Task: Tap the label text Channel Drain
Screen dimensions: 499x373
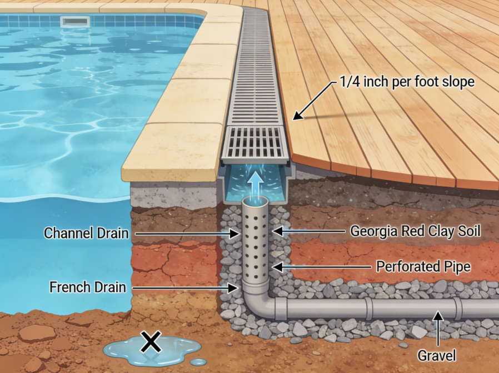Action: point(86,233)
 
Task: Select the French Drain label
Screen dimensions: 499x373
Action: point(87,287)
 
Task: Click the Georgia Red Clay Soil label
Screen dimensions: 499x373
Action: point(415,231)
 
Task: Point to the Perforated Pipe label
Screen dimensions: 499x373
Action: point(423,266)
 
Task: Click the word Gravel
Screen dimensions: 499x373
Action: point(437,356)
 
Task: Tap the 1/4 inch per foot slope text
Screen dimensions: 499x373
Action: point(407,82)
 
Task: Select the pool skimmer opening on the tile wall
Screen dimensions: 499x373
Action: point(75,22)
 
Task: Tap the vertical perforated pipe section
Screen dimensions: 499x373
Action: point(255,242)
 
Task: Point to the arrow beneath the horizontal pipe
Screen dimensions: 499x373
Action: point(438,329)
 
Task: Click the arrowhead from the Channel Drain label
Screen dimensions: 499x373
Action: point(235,234)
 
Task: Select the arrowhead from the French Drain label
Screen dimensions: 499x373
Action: point(233,289)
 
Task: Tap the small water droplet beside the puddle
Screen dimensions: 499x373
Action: point(199,362)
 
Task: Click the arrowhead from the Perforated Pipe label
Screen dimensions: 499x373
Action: point(277,267)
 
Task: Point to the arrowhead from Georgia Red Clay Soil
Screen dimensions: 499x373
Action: point(277,231)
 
